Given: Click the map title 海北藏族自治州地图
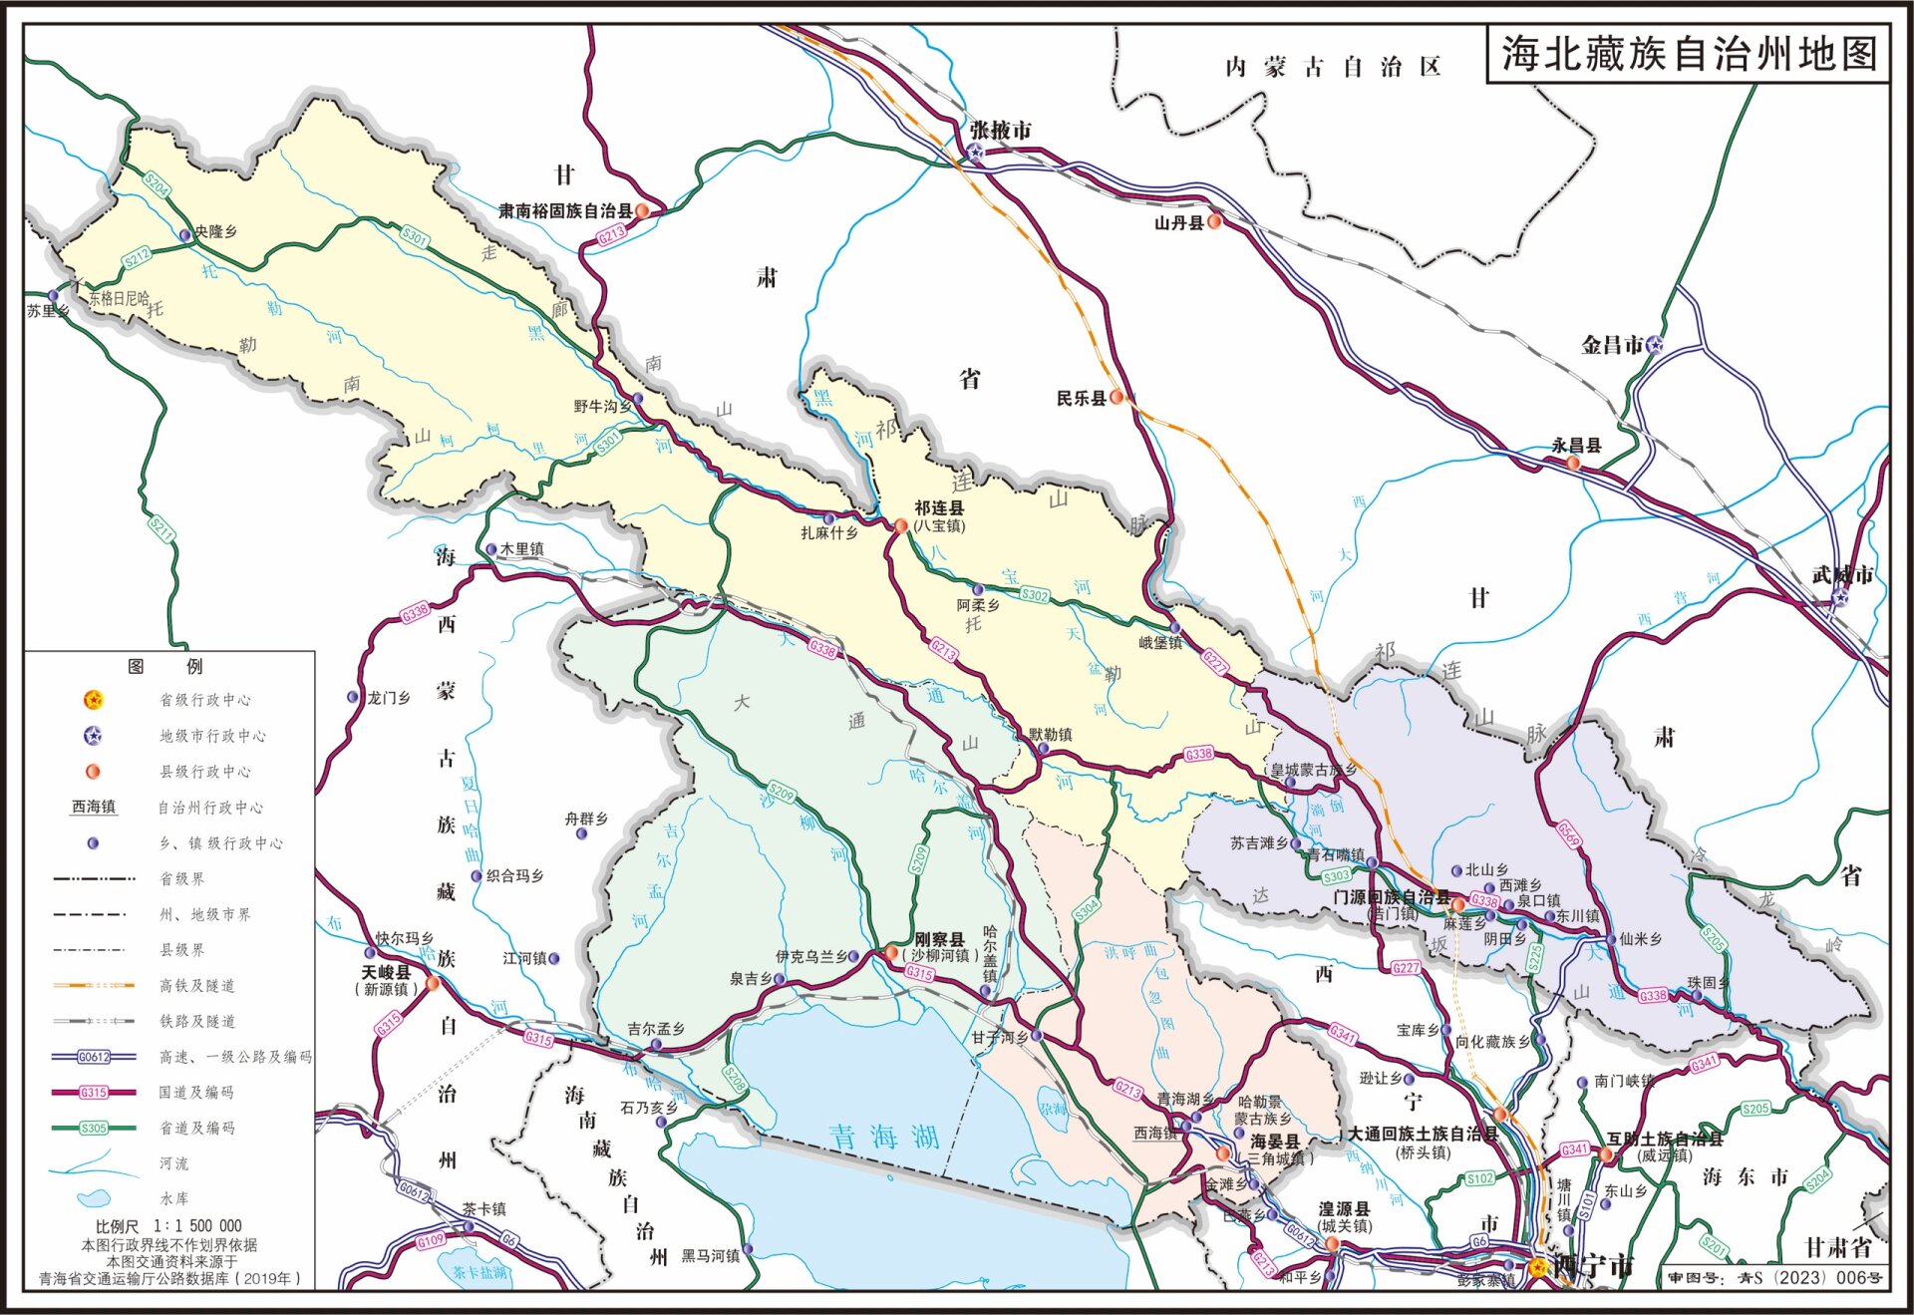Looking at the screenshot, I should coord(1689,54).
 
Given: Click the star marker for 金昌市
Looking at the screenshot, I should coord(1654,345).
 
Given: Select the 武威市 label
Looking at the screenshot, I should coord(1841,574).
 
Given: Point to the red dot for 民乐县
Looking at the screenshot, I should coord(1117,397).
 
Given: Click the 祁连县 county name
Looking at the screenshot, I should coord(939,507).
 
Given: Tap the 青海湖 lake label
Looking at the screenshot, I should coord(885,1136).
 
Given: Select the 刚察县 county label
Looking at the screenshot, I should coord(939,939).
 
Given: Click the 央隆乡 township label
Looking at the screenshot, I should coord(216,231).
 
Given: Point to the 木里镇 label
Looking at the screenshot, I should coord(522,549).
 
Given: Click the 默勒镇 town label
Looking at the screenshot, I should coord(1052,734).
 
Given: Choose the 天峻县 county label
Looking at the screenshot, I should coord(386,971).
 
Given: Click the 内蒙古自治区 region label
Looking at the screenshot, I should coord(1333,67).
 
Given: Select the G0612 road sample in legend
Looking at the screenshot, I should coord(94,1057).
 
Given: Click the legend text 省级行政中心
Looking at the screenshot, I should coord(205,700).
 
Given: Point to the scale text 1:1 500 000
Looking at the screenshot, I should coord(196,1225).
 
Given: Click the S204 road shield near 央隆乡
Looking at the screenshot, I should coord(157,184).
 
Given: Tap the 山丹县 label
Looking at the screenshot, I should coord(1178,222).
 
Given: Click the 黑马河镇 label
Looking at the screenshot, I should coord(710,1255).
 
